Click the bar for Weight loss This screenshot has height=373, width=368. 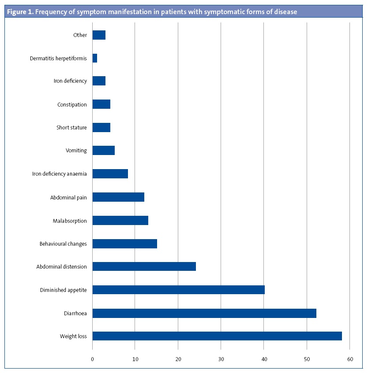click(x=217, y=336)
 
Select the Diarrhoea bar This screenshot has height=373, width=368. click(x=204, y=313)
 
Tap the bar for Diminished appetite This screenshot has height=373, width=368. click(x=178, y=290)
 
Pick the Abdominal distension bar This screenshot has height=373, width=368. click(x=144, y=266)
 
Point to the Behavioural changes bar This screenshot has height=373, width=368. click(x=124, y=244)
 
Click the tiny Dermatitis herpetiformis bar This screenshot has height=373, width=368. click(x=94, y=58)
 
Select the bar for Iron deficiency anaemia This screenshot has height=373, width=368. click(x=110, y=174)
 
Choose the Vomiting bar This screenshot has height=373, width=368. click(x=103, y=151)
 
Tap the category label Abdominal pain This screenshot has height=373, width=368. click(x=68, y=197)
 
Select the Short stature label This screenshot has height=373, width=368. click(x=71, y=128)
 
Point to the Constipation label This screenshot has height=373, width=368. click(x=72, y=104)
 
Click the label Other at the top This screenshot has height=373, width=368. click(x=80, y=35)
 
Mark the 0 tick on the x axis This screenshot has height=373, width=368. click(x=92, y=359)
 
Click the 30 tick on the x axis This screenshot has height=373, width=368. click(x=221, y=359)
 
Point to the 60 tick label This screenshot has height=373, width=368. click(x=349, y=359)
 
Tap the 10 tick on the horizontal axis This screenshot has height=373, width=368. click(x=135, y=359)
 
